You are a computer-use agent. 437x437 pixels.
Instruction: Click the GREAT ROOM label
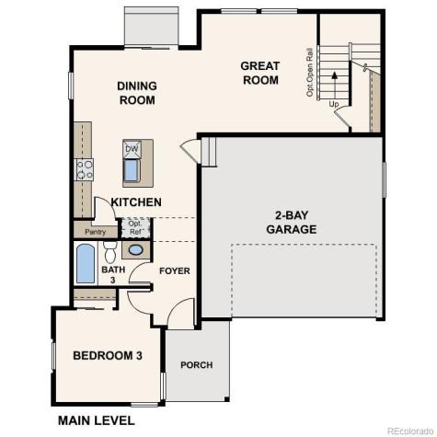point(259,73)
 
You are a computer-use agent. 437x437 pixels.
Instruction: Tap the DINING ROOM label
point(136,93)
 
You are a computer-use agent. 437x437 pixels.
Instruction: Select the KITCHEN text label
point(136,201)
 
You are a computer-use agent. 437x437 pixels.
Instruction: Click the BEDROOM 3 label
point(107,355)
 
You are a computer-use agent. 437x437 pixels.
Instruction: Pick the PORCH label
point(196,365)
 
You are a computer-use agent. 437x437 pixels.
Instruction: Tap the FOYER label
point(174,271)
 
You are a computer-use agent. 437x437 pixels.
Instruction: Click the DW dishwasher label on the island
point(132,148)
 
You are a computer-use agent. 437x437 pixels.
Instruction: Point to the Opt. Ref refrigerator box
point(135,227)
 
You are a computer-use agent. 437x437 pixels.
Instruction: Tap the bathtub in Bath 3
point(86,264)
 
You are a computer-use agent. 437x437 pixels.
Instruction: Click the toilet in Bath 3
point(109,252)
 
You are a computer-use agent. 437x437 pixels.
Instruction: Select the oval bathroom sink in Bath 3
point(135,251)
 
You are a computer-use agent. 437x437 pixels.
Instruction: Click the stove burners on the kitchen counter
point(85,168)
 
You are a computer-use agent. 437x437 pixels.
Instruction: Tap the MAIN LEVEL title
point(96,420)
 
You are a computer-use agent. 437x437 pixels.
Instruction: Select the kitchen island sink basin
point(132,170)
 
